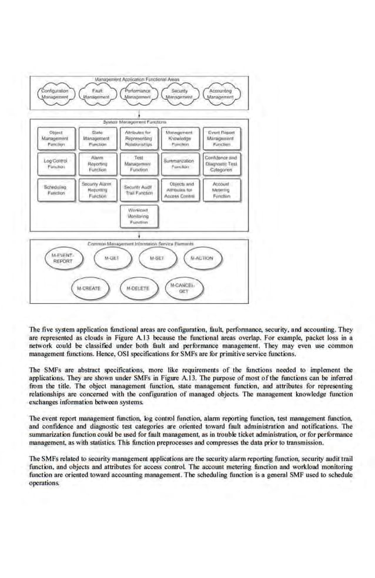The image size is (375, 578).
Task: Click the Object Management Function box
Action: (x=56, y=138)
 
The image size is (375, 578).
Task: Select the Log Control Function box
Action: (x=56, y=163)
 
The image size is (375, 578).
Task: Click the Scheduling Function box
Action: (x=56, y=190)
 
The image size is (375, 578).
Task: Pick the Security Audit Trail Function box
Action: (x=139, y=190)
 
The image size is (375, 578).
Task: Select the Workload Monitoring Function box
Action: (x=139, y=216)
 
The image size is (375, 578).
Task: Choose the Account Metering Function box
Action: (x=221, y=190)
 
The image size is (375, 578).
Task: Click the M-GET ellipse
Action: (x=112, y=258)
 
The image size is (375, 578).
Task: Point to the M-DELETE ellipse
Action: (x=139, y=288)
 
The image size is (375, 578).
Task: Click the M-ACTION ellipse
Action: (x=202, y=258)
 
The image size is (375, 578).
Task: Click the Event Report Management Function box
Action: (x=221, y=138)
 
